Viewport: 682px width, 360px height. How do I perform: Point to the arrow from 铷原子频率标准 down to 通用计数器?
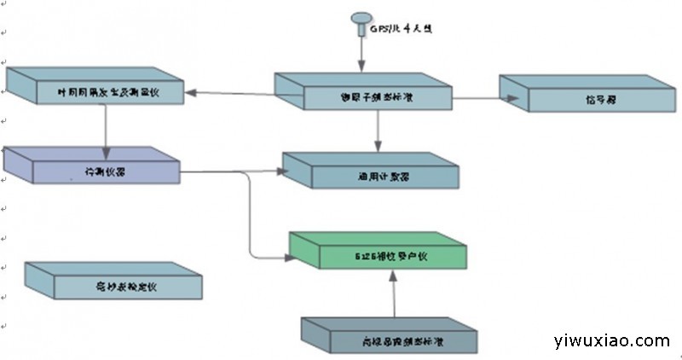tap(379, 132)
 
